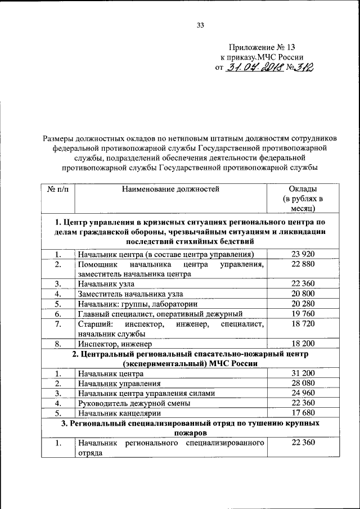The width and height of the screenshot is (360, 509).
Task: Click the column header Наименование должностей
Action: pos(170,189)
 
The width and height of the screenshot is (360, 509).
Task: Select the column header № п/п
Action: pos(58,189)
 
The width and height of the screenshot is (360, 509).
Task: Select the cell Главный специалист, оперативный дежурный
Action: pos(160,313)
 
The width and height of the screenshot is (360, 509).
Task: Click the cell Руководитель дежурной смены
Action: pos(134,403)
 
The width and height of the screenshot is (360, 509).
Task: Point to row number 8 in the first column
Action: pos(58,343)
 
